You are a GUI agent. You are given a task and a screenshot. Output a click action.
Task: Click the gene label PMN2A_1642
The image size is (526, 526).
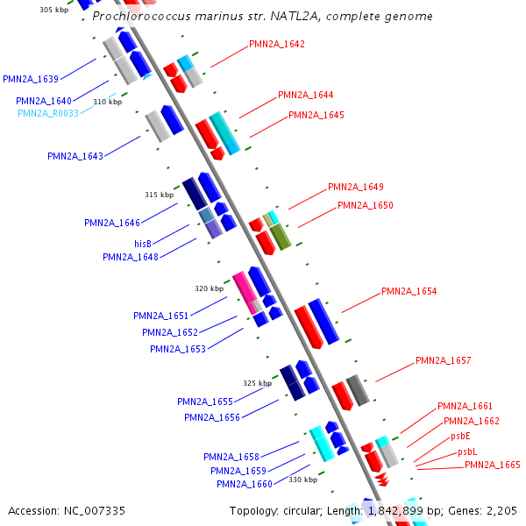click(x=277, y=44)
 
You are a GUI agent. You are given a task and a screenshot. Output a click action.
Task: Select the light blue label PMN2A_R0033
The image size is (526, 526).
click(x=48, y=113)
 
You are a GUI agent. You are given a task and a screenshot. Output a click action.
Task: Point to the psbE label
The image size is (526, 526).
click(x=460, y=436)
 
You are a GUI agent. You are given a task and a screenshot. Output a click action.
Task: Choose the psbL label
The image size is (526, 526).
click(x=467, y=451)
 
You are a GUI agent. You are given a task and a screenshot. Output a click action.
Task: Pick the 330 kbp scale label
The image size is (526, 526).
click(x=302, y=480)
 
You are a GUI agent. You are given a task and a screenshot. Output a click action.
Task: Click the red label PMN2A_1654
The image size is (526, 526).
click(x=409, y=291)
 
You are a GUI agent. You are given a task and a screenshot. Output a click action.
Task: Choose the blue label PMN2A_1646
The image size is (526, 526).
click(x=112, y=223)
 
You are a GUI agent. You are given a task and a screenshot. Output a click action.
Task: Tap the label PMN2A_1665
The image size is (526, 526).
click(x=493, y=465)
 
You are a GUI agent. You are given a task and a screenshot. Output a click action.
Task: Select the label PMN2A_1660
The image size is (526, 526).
click(x=245, y=484)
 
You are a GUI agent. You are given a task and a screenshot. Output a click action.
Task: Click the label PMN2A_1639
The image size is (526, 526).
click(x=31, y=79)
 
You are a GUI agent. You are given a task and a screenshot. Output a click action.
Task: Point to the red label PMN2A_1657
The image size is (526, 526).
click(x=443, y=360)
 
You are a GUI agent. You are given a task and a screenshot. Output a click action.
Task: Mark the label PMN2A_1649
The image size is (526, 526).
click(x=355, y=187)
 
